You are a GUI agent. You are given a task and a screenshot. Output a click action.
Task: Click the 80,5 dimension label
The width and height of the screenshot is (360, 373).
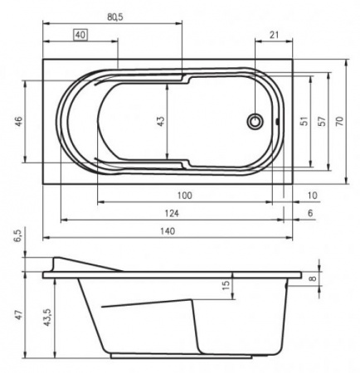click(x=115, y=17)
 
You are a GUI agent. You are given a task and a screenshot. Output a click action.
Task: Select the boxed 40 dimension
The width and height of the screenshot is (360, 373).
click(x=80, y=35)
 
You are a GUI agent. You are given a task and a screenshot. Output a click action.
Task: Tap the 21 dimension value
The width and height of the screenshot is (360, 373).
click(x=274, y=35)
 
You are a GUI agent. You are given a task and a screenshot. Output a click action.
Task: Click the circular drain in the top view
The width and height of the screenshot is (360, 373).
click(x=255, y=121)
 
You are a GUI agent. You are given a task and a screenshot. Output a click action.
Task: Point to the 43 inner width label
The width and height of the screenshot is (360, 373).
click(x=160, y=121)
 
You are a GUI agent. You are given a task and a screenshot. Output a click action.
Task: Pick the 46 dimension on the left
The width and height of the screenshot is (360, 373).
click(x=18, y=122)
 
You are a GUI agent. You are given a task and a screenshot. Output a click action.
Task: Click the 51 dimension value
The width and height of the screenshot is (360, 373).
click(x=304, y=121)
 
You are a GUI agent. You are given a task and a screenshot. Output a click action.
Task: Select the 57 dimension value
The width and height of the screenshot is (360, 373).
click(x=322, y=121)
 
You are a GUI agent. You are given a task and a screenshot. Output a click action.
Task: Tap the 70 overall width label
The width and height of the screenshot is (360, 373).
click(x=339, y=121)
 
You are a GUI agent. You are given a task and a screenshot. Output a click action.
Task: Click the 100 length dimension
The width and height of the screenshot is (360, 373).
click(x=184, y=196)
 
